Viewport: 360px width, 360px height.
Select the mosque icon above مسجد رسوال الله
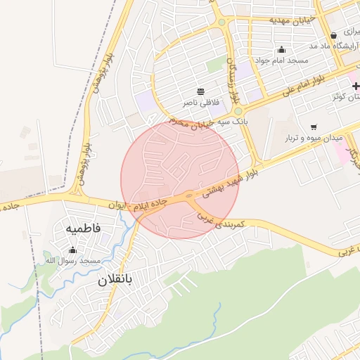tap(72, 250)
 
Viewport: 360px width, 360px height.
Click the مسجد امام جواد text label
tap(282, 61)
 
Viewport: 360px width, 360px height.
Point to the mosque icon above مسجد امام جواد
tap(282, 49)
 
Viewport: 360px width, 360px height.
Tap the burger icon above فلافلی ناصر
tap(201, 91)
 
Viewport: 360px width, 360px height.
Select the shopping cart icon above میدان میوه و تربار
tap(313, 127)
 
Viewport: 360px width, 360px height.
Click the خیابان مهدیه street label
tap(293, 20)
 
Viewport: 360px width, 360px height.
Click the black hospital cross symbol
tap(356, 86)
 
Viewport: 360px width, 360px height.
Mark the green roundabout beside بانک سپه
tap(238, 111)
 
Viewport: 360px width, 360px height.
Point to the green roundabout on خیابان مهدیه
tap(222, 22)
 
